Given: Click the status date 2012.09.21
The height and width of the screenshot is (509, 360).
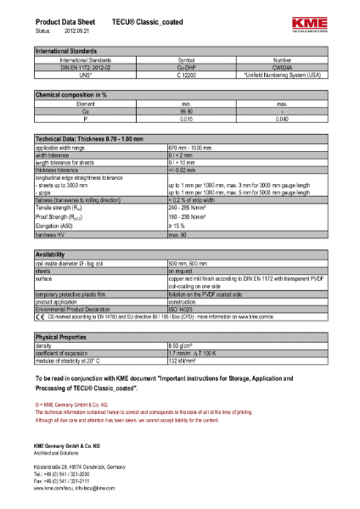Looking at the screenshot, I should pyautogui.click(x=74, y=31).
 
